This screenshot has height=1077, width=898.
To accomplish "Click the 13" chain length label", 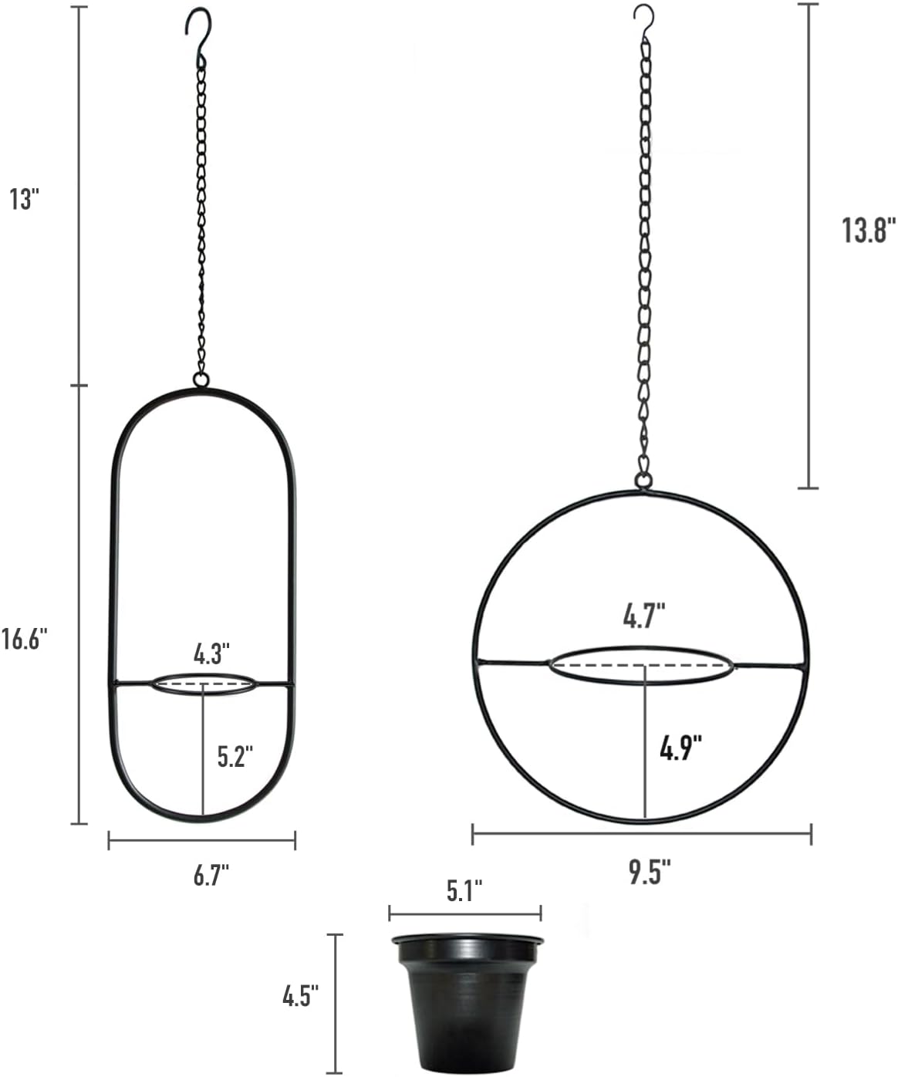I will pyautogui.click(x=24, y=199).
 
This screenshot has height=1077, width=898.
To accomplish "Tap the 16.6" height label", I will pyautogui.click(x=25, y=640).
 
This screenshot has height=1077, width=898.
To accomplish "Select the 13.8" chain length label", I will pyautogui.click(x=868, y=230).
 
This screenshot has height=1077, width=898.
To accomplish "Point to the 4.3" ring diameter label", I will pyautogui.click(x=212, y=654).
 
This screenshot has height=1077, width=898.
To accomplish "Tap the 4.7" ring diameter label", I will pyautogui.click(x=644, y=617).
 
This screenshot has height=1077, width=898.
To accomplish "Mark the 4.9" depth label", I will pyautogui.click(x=680, y=748).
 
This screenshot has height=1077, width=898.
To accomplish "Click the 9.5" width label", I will pyautogui.click(x=649, y=873).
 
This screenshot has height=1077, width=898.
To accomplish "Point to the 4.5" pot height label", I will pyautogui.click(x=301, y=996).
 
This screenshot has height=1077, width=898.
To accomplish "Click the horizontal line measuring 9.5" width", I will pyautogui.click(x=641, y=833).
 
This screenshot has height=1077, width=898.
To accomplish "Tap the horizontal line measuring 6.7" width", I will pyautogui.click(x=202, y=840).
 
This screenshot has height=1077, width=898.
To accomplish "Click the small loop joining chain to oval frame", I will pyautogui.click(x=201, y=380).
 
